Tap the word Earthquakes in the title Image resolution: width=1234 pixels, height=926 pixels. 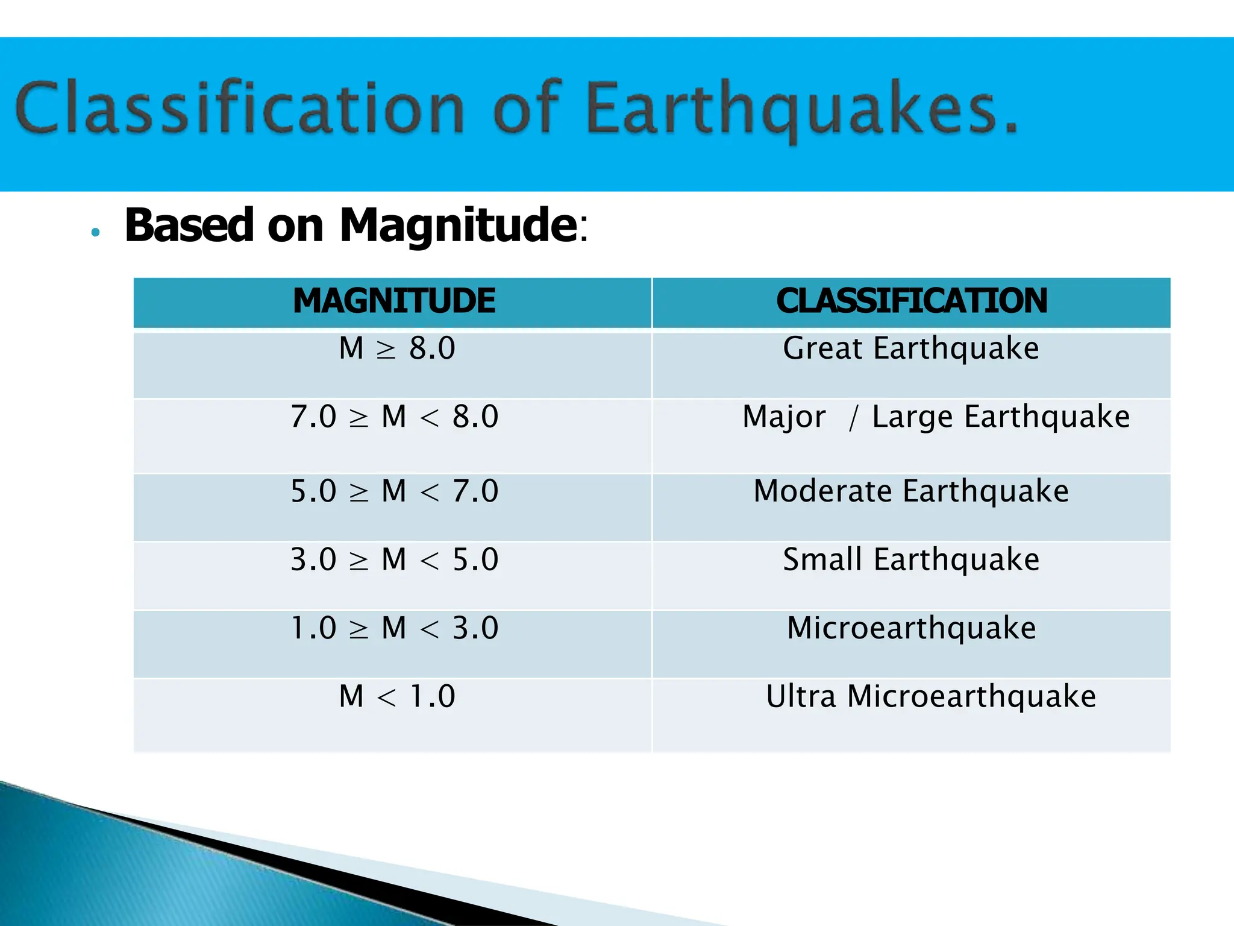click(801, 109)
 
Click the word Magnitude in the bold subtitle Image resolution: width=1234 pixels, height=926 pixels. click(458, 225)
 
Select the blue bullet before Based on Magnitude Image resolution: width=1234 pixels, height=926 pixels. click(95, 232)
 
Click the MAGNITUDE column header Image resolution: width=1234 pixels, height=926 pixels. click(394, 301)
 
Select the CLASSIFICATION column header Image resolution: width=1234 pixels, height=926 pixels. click(912, 301)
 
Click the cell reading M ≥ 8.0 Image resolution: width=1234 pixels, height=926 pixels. click(397, 348)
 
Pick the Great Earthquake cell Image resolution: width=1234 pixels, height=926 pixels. click(911, 348)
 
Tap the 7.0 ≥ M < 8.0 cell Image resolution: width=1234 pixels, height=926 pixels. click(394, 417)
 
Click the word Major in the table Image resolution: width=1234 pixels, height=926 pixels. click(784, 417)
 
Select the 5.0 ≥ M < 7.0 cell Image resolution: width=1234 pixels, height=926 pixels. click(394, 491)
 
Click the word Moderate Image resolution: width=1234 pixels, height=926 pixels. click(823, 491)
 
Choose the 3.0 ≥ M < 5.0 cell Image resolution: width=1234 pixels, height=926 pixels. click(394, 559)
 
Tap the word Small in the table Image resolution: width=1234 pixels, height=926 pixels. click(822, 559)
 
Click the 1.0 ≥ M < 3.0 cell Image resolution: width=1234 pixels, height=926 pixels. click(394, 628)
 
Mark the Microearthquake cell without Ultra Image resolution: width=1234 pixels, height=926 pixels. click(911, 628)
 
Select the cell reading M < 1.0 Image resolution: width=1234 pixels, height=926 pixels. click(397, 696)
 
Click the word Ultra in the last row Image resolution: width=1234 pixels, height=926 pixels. click(801, 696)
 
